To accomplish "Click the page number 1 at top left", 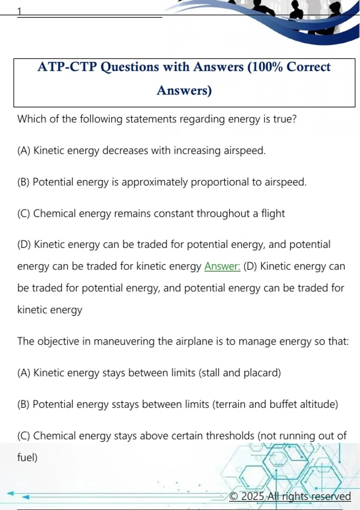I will click(x=19, y=11).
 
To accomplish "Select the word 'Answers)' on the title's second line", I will click(x=184, y=90).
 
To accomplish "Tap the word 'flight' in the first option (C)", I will click(x=273, y=213).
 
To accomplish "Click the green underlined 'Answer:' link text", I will click(x=222, y=266).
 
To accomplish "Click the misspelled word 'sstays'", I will click(x=125, y=404).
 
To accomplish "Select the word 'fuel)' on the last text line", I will click(x=27, y=457).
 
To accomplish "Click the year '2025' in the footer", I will click(x=253, y=496).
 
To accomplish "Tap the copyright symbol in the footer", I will click(x=234, y=496).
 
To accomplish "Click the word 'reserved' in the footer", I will click(x=331, y=496).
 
